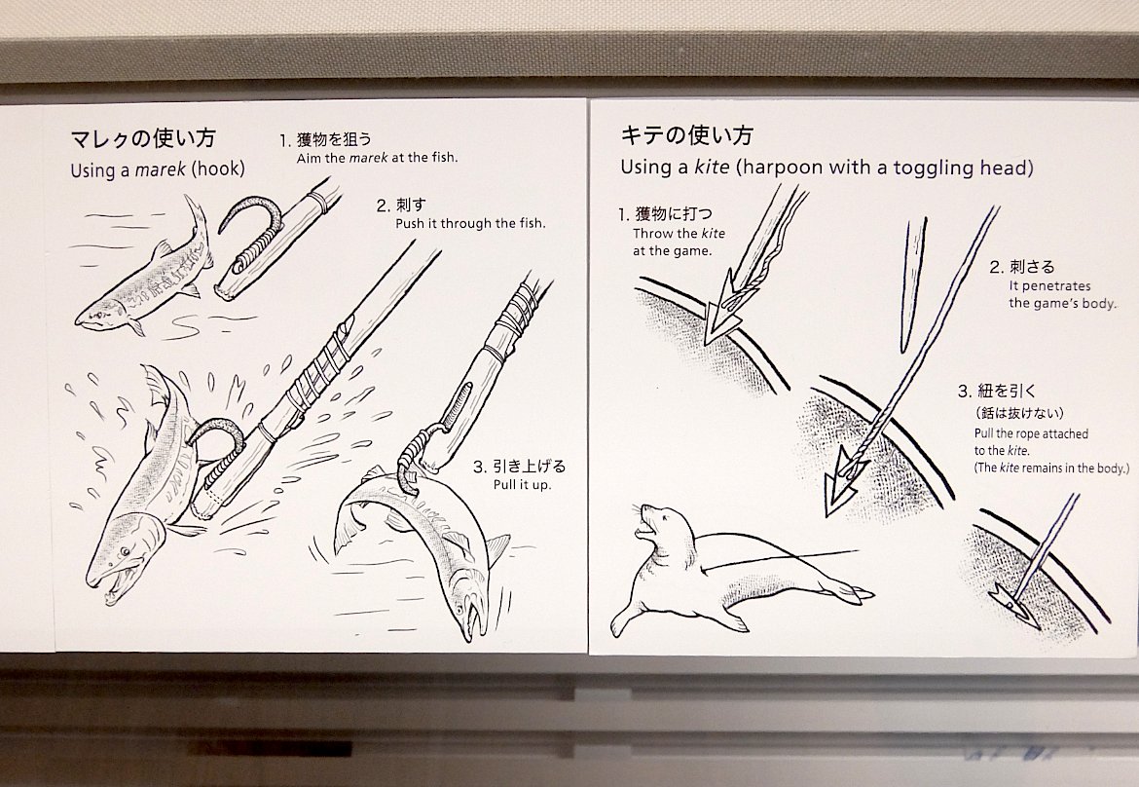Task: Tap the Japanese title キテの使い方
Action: [686, 135]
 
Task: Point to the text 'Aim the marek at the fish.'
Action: [376, 157]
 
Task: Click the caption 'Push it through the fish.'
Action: [470, 223]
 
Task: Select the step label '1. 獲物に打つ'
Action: [667, 214]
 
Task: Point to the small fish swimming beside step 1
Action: [146, 273]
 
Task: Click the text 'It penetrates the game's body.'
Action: [1061, 294]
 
